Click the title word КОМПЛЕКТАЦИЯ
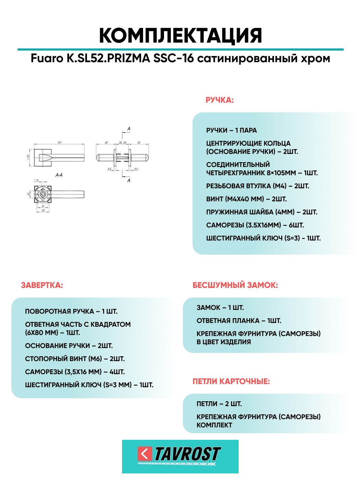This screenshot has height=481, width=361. pos(180,35)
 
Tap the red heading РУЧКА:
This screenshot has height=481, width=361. pos(219,100)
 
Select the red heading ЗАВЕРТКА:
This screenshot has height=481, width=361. pos(42,285)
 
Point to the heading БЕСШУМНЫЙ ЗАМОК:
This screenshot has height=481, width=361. pos(235,285)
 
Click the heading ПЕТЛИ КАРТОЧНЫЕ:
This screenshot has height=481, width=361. pos(231,381)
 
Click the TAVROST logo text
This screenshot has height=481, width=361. pos(187,454)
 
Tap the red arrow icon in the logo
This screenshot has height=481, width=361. pos(145,454)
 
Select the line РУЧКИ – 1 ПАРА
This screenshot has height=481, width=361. pos(231,130)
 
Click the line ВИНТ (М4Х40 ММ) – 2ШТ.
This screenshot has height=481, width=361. pos(246,199)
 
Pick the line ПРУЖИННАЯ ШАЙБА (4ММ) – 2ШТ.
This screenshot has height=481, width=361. pos(262,212)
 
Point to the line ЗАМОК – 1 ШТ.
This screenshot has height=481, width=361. pos(220,307)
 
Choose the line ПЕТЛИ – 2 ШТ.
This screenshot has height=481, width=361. pos(219,404)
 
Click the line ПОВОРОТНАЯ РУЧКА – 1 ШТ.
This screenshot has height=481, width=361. pos(71,311)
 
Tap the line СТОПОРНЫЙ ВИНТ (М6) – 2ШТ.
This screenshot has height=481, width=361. pos(75,359)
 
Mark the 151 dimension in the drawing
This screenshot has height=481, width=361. pos(59,142)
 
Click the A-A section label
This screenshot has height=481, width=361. pos(59,175)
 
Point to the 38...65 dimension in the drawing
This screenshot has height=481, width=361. pos(122,142)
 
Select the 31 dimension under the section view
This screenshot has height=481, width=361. pos(43,206)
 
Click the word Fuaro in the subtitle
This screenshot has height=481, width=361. pos(47,58)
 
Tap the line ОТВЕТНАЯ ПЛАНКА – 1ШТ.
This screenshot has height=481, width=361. pos(239,321)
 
